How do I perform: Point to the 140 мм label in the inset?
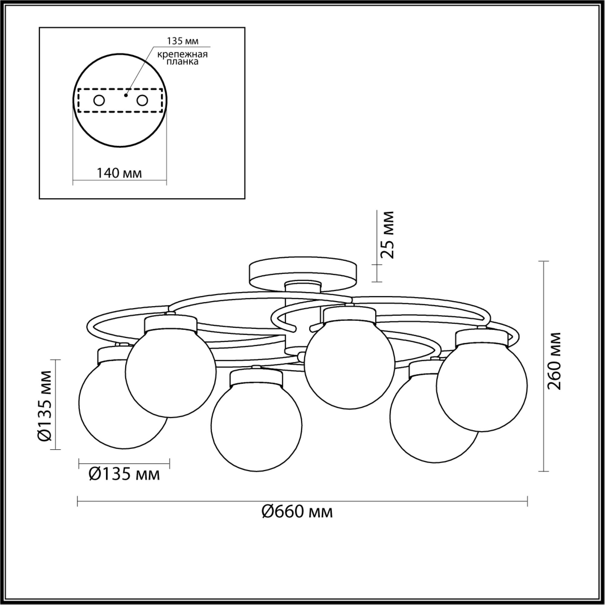119,173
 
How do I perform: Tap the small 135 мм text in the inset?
183,41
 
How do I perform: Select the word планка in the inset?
183,62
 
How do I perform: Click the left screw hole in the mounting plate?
99,101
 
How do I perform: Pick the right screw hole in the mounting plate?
142,101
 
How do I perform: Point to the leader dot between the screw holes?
126,95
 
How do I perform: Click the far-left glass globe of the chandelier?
124,404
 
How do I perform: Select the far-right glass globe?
482,386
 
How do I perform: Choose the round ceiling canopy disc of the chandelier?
303,274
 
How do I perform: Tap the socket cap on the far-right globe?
482,339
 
